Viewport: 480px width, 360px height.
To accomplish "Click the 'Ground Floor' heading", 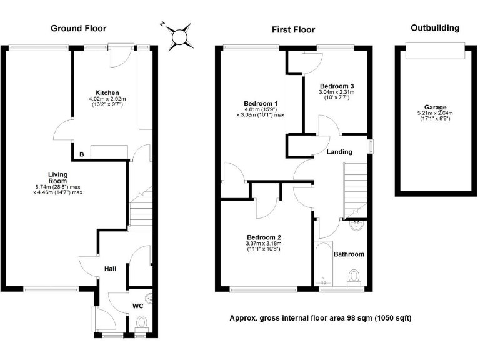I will [x=78, y=28].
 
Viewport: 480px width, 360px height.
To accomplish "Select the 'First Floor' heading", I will [x=293, y=29].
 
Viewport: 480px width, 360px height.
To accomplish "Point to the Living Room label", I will [x=58, y=177].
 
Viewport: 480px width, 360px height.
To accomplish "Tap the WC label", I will [x=137, y=306].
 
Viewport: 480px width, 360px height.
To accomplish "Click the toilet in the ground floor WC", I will [x=141, y=323].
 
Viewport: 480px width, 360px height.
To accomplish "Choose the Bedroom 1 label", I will [x=261, y=103].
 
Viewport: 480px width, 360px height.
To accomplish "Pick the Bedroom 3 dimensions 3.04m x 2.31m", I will [x=336, y=92].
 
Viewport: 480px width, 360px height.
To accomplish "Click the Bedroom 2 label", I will [x=264, y=237].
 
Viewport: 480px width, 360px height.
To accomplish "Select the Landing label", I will [x=339, y=151].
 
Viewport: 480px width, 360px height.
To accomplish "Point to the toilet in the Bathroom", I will [x=356, y=277].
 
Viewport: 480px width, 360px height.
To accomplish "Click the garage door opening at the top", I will [x=435, y=51].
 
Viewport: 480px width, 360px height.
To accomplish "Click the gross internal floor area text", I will [x=321, y=318].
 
